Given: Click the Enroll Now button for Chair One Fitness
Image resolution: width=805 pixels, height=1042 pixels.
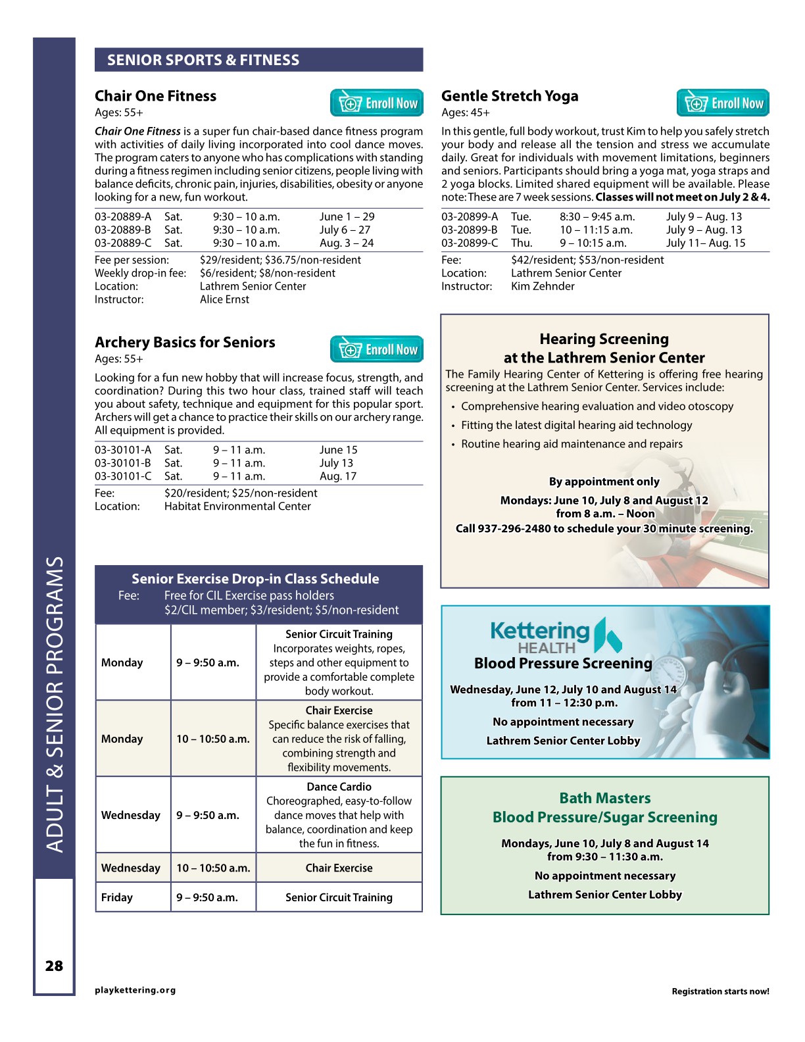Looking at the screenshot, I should coord(377,103).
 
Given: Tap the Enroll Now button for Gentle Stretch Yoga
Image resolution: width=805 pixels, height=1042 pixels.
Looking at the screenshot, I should coord(723,103).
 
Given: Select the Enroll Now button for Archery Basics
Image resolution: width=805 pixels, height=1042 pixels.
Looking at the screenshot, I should coord(377,349).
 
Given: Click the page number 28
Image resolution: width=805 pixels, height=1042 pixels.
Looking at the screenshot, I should coord(54,966).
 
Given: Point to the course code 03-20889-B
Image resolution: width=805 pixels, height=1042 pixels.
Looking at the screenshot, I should coord(123,230).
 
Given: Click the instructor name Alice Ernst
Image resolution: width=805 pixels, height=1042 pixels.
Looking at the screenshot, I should coord(224,299).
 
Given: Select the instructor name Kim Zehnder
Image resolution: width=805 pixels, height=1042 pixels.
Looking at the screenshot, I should coord(543,286).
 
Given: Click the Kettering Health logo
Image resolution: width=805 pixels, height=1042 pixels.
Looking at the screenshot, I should coord(556,635).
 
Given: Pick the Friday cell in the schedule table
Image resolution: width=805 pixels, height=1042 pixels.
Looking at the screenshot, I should coord(117,897).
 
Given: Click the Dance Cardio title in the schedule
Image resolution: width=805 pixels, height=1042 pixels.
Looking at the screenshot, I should coord(339,787).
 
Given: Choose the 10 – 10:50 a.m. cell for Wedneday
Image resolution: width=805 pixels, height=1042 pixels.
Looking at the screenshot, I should coord(213,868).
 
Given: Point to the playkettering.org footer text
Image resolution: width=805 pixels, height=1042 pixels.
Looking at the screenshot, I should coord(135,990).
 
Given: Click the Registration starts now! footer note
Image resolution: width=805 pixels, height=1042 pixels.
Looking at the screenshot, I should coord(720,991).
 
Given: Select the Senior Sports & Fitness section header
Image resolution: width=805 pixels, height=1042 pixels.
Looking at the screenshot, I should coord(203,60).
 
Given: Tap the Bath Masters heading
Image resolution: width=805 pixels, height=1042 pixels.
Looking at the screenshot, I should coord(604,798).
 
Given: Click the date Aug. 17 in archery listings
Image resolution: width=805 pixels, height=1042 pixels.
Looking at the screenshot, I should coord(338,476).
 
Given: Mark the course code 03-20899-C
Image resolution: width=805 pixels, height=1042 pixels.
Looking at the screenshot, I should coord(470,243).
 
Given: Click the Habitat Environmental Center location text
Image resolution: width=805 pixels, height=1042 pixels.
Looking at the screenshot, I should coord(237,506).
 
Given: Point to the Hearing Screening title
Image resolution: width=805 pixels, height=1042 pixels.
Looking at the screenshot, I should coord(604,339).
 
